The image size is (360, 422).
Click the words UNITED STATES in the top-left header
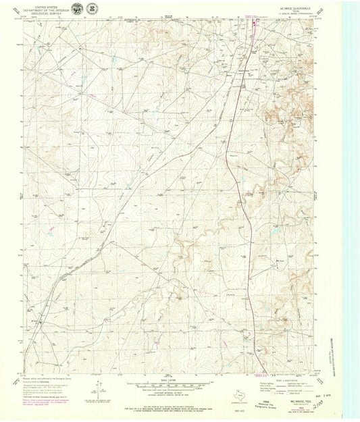(47, 5)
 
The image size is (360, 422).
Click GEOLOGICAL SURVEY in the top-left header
(47, 12)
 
